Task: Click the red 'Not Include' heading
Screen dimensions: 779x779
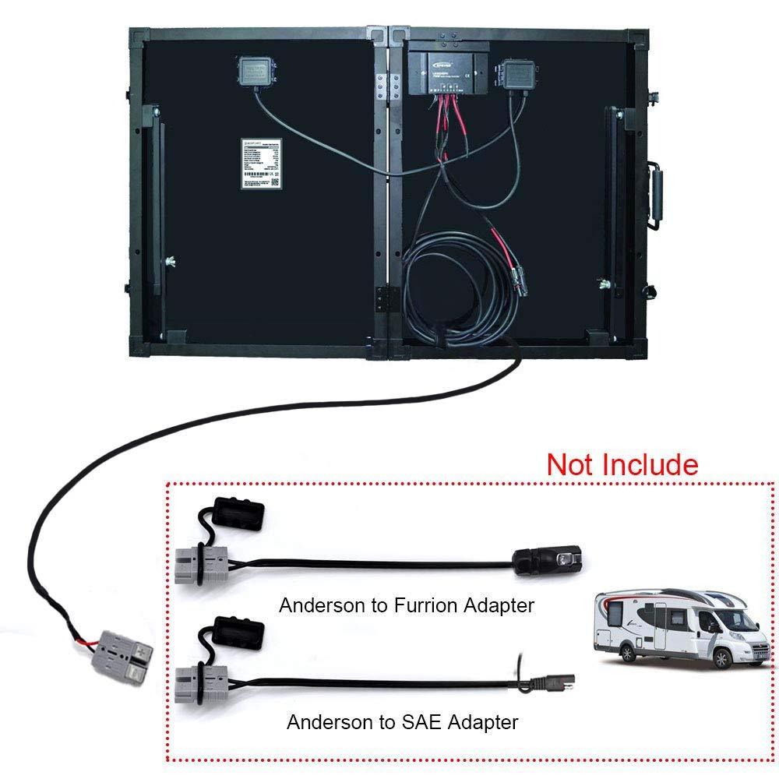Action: (622, 464)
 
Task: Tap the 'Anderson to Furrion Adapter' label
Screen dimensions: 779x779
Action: (407, 605)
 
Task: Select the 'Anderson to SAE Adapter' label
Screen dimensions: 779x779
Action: (402, 722)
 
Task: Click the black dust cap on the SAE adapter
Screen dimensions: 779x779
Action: (239, 631)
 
